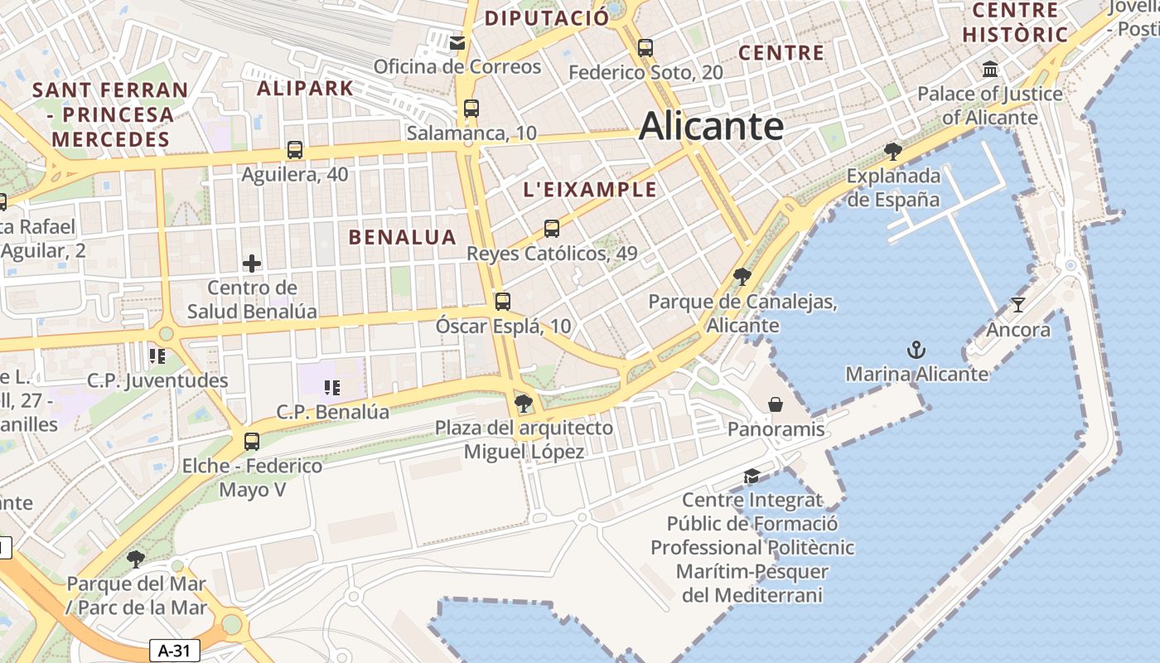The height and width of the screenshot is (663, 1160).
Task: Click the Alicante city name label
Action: click(x=711, y=127)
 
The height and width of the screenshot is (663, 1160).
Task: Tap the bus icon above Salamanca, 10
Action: click(x=471, y=108)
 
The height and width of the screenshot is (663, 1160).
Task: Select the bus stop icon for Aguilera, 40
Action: click(x=295, y=150)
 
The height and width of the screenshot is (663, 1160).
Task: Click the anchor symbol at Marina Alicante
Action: click(x=916, y=350)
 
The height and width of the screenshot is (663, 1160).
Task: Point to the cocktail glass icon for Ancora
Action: click(x=1018, y=305)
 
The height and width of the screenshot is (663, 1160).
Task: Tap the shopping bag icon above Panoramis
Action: click(x=776, y=404)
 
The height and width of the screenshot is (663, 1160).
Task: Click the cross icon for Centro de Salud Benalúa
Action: click(x=252, y=264)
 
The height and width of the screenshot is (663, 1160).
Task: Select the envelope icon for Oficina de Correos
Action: click(x=457, y=42)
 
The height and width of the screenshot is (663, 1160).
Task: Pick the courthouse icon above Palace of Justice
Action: click(x=989, y=69)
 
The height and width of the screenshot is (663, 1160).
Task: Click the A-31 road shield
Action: click(x=175, y=651)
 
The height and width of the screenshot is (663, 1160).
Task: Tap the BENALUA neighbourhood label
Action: click(x=403, y=237)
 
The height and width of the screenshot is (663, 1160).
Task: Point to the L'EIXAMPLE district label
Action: click(x=590, y=190)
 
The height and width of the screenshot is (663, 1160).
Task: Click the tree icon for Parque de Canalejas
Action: click(x=742, y=277)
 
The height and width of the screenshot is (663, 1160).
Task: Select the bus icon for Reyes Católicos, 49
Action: click(x=552, y=229)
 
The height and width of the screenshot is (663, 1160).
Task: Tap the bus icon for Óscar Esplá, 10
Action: click(x=503, y=302)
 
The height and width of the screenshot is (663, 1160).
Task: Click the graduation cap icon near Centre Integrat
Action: click(x=752, y=476)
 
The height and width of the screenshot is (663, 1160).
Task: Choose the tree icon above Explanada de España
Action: click(x=893, y=151)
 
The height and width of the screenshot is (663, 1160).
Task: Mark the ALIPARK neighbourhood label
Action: click(x=305, y=88)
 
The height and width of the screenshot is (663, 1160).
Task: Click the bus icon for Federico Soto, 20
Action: click(x=645, y=48)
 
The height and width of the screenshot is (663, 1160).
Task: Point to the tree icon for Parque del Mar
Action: click(x=136, y=559)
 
